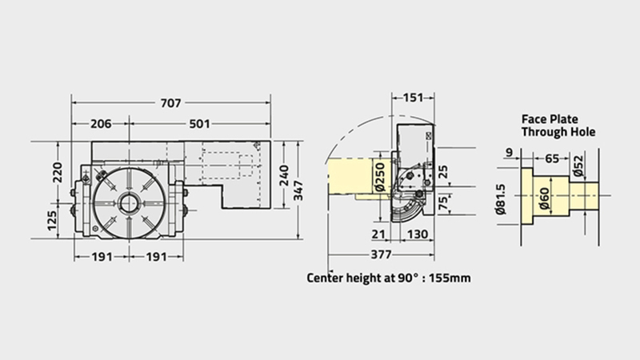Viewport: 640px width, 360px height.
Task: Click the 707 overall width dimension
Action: tap(170, 103)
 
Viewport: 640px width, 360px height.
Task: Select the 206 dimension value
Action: tap(101, 124)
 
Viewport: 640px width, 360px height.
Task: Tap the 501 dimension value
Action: tap(199, 124)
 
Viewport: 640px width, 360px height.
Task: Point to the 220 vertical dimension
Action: tap(58, 172)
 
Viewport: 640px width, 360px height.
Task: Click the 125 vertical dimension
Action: tap(52, 221)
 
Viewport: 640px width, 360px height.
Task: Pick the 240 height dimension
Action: tap(284, 175)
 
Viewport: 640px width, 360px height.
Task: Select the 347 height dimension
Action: tap(299, 190)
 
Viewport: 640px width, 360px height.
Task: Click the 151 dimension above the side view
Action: tap(413, 98)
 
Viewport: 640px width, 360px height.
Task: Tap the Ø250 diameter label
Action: tap(379, 177)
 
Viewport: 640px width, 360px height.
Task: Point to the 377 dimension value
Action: tap(381, 254)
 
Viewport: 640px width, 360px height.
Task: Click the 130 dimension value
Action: tap(418, 234)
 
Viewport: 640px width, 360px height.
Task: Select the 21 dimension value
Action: tap(378, 234)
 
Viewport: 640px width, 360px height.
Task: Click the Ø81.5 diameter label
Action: tap(500, 199)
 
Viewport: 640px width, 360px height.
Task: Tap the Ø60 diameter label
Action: tap(544, 198)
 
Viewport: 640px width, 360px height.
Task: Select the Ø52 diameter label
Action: tap(578, 166)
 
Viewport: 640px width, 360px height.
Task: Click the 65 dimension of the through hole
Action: tap(552, 158)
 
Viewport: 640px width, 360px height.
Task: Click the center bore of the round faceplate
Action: tap(129, 202)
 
